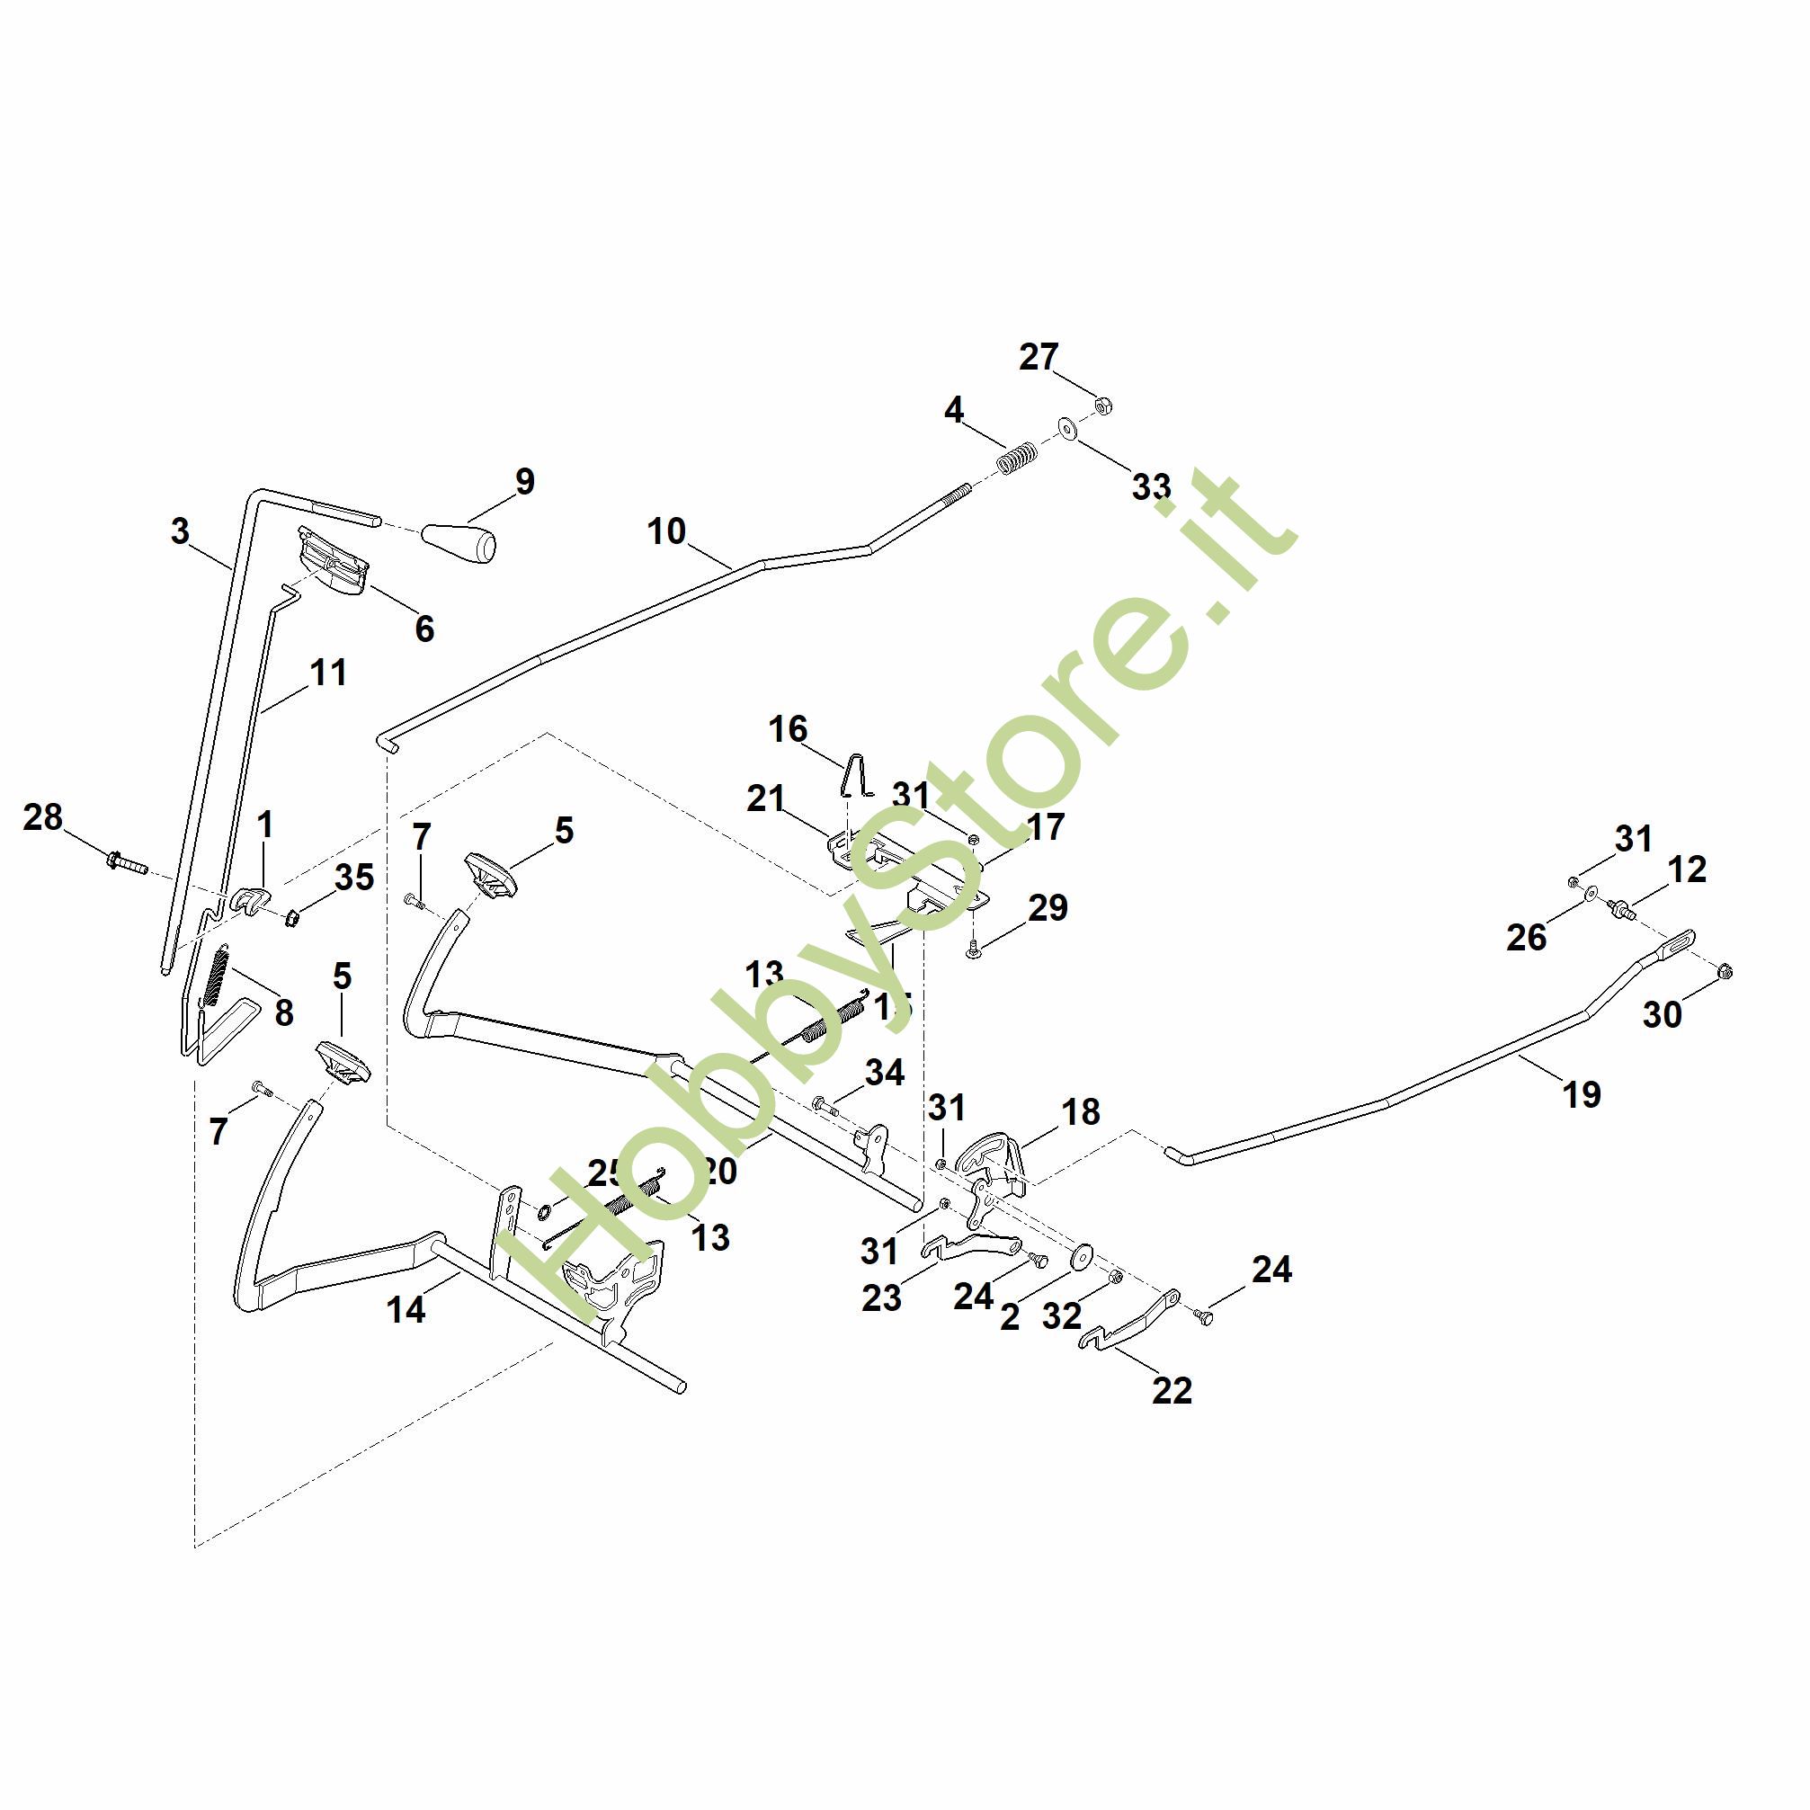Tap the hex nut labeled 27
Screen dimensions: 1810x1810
tap(1103, 406)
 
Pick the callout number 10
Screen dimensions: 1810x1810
tap(666, 531)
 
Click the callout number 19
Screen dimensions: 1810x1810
tap(1582, 1093)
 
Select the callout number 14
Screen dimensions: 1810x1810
tap(406, 1310)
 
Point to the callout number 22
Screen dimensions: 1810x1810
tap(1171, 1390)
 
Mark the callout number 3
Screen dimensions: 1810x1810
tap(180, 531)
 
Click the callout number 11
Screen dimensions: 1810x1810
tap(328, 673)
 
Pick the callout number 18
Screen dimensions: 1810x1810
tap(1080, 1112)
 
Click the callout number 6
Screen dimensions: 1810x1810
tap(424, 629)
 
